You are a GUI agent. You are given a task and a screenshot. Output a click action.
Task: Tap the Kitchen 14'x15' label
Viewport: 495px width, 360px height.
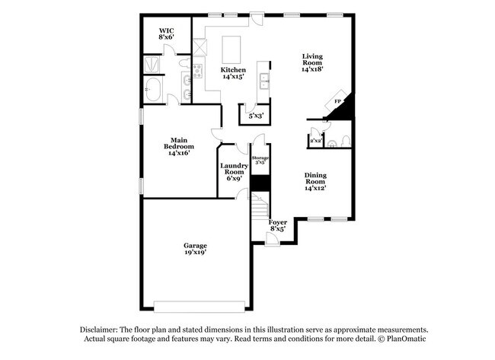click(x=234, y=73)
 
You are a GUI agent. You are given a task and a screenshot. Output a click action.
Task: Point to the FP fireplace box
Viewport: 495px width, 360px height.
click(x=340, y=100)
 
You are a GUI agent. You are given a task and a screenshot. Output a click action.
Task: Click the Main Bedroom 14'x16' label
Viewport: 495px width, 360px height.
click(x=179, y=145)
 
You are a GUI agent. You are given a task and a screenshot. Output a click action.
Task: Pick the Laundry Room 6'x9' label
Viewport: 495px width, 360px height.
click(x=234, y=171)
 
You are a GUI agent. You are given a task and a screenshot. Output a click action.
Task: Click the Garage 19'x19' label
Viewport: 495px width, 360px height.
click(x=194, y=249)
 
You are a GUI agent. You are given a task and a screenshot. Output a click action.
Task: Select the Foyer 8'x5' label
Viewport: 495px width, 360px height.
click(x=277, y=225)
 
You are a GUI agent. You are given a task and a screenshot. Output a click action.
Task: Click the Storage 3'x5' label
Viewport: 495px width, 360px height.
click(x=261, y=160)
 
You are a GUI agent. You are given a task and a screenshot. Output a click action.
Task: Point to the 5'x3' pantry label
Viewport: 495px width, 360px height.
click(x=256, y=116)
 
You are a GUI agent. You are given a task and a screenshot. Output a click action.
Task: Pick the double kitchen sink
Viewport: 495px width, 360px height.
click(x=263, y=80)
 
